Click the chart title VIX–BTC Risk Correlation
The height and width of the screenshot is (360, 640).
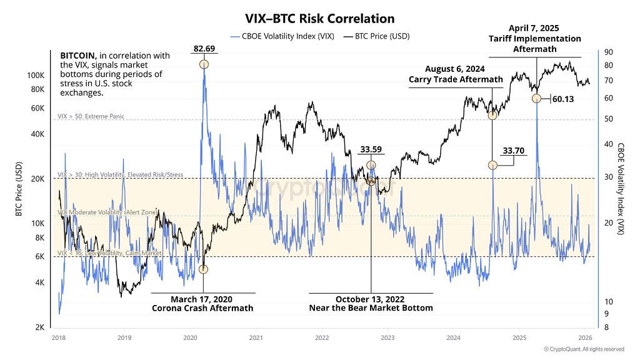tap(319, 19)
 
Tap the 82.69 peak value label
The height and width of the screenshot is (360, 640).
tap(203, 48)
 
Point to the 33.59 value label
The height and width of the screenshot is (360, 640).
tap(371, 149)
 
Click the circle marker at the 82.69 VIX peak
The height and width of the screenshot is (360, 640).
tap(203, 64)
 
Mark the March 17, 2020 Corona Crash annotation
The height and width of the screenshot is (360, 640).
tap(203, 303)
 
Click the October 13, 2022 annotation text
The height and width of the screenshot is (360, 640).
tap(371, 303)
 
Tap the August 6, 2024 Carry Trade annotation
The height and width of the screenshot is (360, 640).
tap(456, 74)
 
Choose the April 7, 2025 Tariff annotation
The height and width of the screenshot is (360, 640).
tap(534, 39)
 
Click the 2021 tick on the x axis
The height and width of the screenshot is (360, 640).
tap(256, 337)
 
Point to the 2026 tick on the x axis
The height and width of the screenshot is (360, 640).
tap(586, 337)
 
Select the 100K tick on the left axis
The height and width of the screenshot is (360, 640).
tap(34, 75)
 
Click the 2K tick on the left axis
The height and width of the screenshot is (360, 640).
tap(38, 327)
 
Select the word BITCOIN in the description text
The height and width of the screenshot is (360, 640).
tap(78, 56)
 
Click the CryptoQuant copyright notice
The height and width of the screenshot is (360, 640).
tap(584, 349)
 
